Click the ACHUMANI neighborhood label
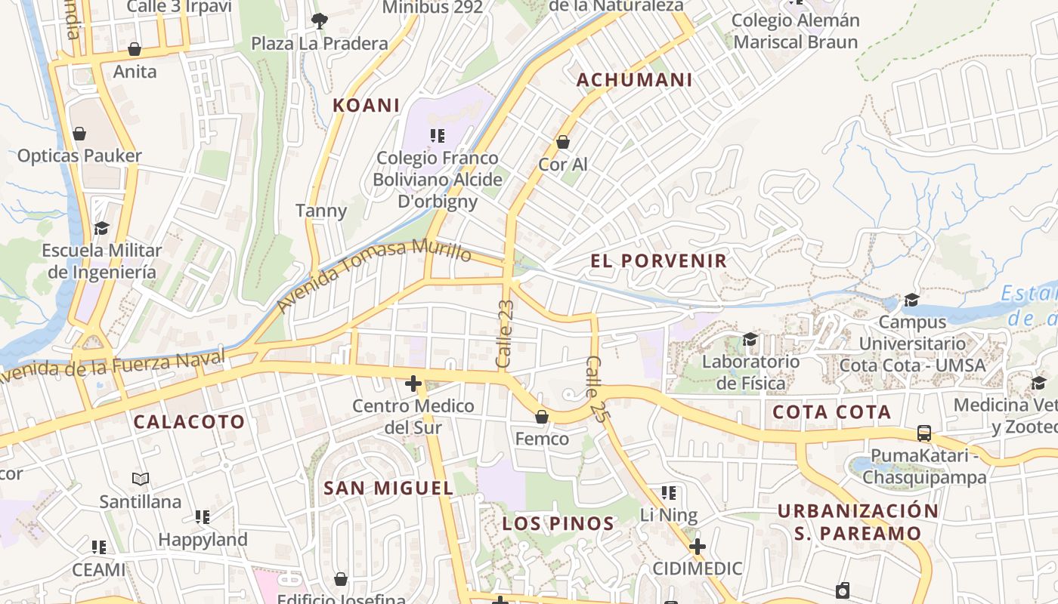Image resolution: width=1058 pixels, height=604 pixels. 634,80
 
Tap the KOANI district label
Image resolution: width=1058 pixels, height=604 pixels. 367,106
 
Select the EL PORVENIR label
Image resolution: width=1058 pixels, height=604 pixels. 658,261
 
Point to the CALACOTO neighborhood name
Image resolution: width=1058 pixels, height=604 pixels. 190,422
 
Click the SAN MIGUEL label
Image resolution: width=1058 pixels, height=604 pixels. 388,488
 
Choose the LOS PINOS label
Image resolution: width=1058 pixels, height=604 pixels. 558,523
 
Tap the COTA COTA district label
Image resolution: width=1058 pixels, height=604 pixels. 831,412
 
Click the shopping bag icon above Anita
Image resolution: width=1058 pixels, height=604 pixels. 135,50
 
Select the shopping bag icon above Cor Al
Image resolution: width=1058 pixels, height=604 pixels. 562,142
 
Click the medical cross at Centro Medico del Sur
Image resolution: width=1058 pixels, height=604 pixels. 413,384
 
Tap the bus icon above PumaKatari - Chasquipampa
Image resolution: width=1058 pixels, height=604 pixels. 924,433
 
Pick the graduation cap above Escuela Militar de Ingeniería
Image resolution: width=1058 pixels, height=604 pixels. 101,228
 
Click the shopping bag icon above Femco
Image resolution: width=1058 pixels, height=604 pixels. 541,417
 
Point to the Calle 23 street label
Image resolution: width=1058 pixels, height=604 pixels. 505,334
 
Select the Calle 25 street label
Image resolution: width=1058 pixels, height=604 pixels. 595,388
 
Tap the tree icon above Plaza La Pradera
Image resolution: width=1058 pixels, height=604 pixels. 320,21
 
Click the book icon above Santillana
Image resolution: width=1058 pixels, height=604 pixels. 141,479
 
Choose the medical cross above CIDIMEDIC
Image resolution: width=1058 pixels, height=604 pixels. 697,546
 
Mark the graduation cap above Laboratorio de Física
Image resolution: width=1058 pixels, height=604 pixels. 750,339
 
